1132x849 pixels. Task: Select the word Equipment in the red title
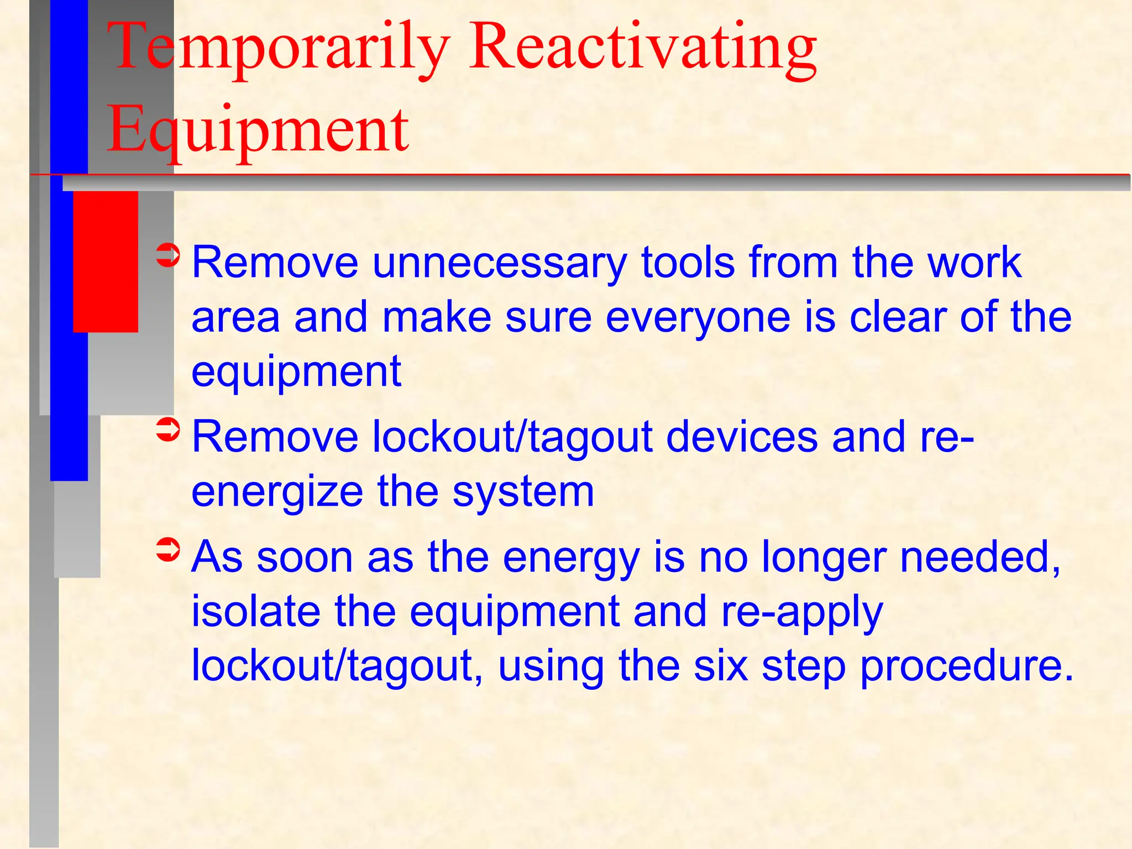(258, 130)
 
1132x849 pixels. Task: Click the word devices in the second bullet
(741, 437)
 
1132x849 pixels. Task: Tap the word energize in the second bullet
(277, 492)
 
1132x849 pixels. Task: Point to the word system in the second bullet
(523, 492)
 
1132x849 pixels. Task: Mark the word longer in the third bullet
(824, 558)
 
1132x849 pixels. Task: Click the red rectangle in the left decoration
(105, 261)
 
